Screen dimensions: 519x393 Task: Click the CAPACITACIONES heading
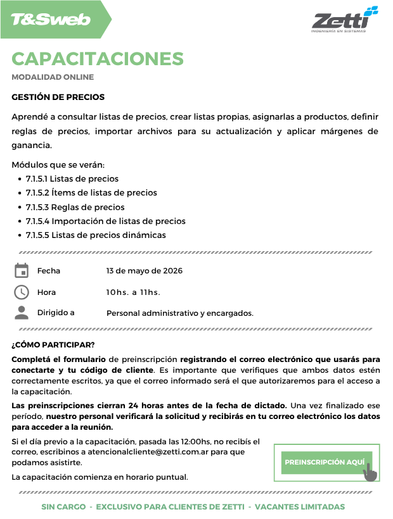tap(98, 59)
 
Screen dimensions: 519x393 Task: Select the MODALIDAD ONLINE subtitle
tap(53, 77)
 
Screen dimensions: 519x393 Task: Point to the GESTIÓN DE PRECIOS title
tap(58, 97)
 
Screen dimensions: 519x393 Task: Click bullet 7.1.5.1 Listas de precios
tap(72, 178)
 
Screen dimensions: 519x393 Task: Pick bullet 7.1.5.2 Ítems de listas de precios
tap(91, 192)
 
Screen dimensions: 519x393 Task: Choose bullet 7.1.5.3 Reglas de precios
tap(75, 207)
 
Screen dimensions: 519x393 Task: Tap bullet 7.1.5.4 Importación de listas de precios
tap(105, 221)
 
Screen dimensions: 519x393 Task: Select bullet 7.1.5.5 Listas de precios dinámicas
tap(96, 235)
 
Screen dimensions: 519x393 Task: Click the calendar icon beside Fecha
tap(22, 271)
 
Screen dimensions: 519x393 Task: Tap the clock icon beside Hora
tap(22, 292)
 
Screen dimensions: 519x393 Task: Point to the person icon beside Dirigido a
tap(22, 312)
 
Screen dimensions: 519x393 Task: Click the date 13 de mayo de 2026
tap(145, 271)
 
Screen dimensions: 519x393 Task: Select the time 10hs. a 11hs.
tap(133, 292)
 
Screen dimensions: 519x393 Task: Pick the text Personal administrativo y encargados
tap(180, 313)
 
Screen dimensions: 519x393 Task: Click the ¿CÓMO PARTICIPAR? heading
tap(53, 345)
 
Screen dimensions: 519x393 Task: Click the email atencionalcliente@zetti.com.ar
tap(155, 452)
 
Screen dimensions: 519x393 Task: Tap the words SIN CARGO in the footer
tap(62, 507)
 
